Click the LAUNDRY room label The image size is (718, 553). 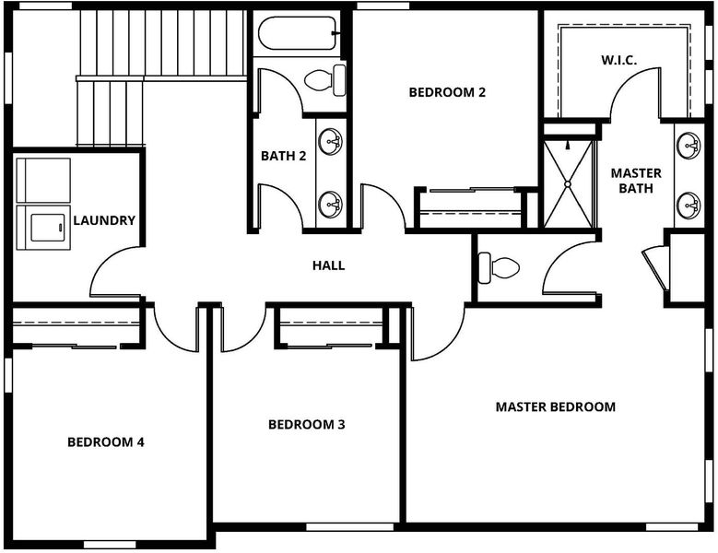click(x=104, y=220)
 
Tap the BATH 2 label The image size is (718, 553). click(x=284, y=156)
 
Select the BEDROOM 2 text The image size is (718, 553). click(x=447, y=92)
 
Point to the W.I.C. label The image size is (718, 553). click(x=618, y=60)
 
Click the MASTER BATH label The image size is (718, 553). click(x=636, y=181)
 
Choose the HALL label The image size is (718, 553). click(x=328, y=265)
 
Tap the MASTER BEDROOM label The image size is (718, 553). click(x=556, y=406)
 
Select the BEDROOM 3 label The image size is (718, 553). click(x=306, y=424)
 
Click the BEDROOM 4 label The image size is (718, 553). click(x=106, y=441)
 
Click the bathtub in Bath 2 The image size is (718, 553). click(x=298, y=33)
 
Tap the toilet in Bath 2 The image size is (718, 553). click(x=325, y=80)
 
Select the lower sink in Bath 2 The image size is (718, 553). click(x=330, y=204)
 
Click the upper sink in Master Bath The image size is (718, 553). click(x=689, y=145)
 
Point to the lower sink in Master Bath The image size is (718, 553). click(x=689, y=206)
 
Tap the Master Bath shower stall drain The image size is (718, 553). click(x=568, y=184)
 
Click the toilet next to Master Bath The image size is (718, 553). click(x=499, y=267)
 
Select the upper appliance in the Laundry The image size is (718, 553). click(x=43, y=181)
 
